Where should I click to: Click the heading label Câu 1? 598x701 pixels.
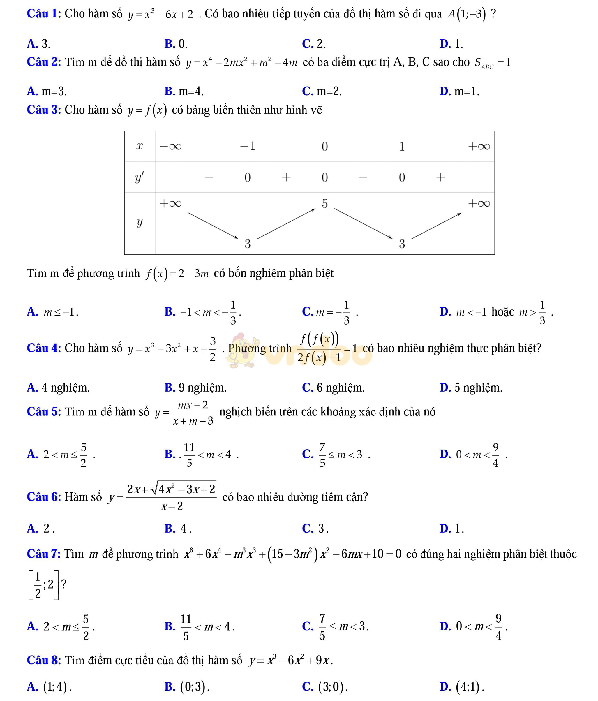coord(44,14)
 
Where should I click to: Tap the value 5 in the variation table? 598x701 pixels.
coord(324,204)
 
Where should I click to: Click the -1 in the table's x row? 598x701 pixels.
coord(247,146)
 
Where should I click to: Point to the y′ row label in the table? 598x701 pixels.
coord(139,177)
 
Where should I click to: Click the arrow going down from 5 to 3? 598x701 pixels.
coord(363,223)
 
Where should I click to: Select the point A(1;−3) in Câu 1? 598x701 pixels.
coord(467,14)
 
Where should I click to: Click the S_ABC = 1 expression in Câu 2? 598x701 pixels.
coord(493,63)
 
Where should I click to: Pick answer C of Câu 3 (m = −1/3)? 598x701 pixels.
coord(330,312)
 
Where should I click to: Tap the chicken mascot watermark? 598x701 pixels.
coord(242,350)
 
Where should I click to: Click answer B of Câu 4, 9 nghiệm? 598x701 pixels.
coord(195,388)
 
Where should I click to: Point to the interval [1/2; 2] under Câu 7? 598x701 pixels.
coord(43,585)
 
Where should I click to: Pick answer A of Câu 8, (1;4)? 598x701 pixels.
coord(49,686)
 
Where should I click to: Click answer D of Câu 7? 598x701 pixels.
coord(473,627)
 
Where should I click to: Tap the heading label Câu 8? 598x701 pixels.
coord(44,660)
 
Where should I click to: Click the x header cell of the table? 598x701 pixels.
coord(139,146)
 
